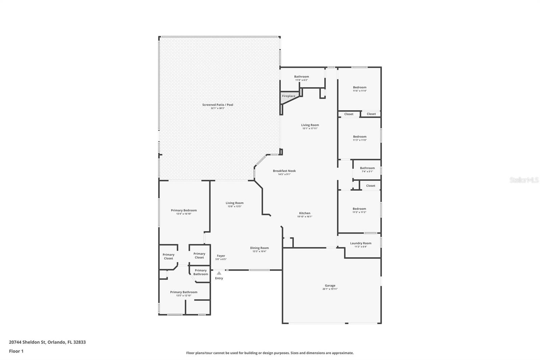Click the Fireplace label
(x=289, y=96)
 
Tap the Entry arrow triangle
(x=219, y=273)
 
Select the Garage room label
(x=330, y=285)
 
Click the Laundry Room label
(x=360, y=243)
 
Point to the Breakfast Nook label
(x=284, y=171)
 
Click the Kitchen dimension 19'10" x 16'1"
(x=304, y=216)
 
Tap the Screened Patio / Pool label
(x=218, y=105)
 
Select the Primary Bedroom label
(x=184, y=210)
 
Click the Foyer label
(x=221, y=256)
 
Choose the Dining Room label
(x=259, y=248)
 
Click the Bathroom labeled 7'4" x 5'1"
(x=367, y=168)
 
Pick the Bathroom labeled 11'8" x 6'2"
(x=301, y=77)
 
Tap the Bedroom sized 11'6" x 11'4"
(x=359, y=87)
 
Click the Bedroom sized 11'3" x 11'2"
(x=359, y=209)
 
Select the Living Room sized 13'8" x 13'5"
(x=235, y=203)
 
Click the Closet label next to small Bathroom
(x=371, y=185)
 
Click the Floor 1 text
(x=16, y=351)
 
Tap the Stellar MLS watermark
(x=524, y=180)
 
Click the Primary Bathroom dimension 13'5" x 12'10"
(x=184, y=295)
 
